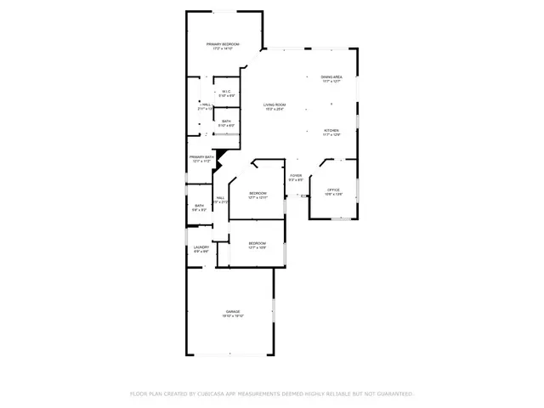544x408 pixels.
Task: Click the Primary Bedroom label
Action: tap(223, 44)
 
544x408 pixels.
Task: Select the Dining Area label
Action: tap(331, 76)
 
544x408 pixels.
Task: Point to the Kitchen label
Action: tap(331, 130)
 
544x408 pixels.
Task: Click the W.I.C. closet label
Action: tap(226, 92)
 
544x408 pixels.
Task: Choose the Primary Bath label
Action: tap(201, 156)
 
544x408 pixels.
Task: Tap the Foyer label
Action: tap(296, 175)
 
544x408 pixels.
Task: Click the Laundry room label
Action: tap(201, 247)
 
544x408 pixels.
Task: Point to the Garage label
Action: tap(233, 311)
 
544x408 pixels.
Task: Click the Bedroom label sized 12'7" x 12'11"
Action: tap(258, 193)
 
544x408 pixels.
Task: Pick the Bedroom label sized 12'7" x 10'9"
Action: tap(258, 243)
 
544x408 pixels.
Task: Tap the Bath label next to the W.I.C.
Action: tap(226, 121)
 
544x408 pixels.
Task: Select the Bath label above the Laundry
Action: tap(200, 205)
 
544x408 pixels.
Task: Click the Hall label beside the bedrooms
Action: tap(220, 198)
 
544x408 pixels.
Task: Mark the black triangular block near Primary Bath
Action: tap(219, 154)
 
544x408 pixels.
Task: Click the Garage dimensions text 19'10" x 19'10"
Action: tap(233, 316)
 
